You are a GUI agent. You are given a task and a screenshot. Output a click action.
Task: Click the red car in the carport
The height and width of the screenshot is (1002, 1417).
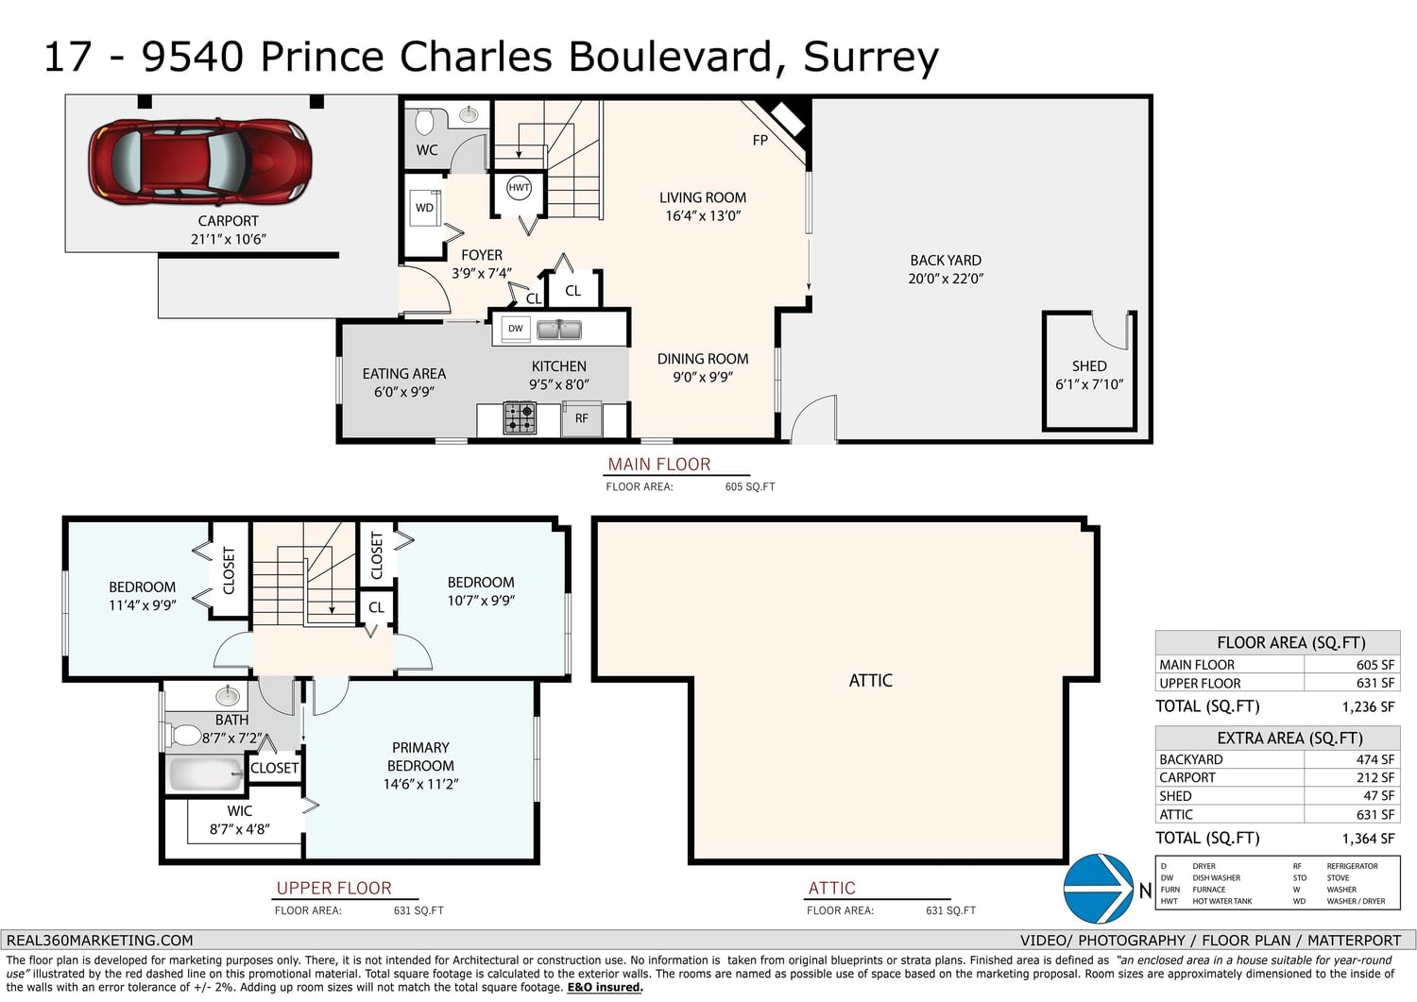(x=200, y=161)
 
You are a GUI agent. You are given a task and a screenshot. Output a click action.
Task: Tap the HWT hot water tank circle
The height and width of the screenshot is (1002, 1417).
(x=519, y=188)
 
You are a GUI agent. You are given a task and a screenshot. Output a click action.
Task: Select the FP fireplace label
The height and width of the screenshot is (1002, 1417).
(x=760, y=141)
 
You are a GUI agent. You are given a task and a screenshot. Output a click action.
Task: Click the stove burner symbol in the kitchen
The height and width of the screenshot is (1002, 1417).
(x=520, y=417)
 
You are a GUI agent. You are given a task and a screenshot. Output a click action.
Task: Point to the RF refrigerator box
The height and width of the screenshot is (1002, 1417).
(x=581, y=418)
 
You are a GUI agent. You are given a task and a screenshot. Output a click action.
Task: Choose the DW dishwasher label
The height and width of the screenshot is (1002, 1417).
(x=516, y=329)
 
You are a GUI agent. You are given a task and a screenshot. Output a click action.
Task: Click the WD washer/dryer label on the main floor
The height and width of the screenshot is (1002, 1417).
(x=424, y=208)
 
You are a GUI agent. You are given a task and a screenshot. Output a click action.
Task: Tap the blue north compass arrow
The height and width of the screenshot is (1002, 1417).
(x=1098, y=888)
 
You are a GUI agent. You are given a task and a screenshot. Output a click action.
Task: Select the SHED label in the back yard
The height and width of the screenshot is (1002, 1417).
(x=1088, y=366)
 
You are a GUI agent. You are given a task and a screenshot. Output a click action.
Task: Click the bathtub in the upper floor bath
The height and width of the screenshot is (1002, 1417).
(x=206, y=773)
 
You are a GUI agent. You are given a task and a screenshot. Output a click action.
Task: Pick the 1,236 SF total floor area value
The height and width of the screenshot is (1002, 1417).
(x=1368, y=706)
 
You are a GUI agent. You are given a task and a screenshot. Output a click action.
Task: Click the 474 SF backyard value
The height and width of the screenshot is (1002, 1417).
(x=1375, y=759)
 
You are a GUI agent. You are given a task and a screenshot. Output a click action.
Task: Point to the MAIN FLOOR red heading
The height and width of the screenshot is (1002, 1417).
(x=659, y=465)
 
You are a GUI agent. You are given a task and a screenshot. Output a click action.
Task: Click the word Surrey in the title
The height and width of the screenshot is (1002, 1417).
(x=871, y=58)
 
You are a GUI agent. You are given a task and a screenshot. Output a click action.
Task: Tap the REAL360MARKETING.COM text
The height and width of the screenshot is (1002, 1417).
(x=99, y=940)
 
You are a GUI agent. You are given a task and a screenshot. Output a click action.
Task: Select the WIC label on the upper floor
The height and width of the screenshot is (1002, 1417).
(x=240, y=811)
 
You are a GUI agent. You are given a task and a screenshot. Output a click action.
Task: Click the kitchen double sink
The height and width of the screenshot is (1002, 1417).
(x=558, y=330)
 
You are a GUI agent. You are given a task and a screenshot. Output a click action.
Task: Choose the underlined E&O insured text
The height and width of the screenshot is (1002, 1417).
(x=605, y=987)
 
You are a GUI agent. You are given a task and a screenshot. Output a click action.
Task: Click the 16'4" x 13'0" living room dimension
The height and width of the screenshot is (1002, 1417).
(x=703, y=215)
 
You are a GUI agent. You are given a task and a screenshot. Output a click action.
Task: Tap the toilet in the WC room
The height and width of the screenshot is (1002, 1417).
(x=424, y=122)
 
